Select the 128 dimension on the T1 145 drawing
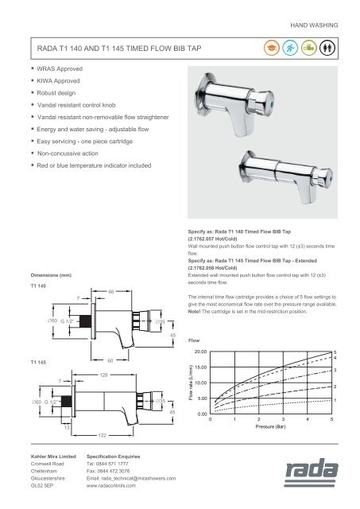[x=103, y=373]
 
